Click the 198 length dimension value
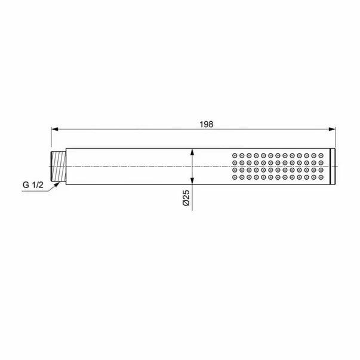click(x=206, y=124)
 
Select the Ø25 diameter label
click(x=186, y=198)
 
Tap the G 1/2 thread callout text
click(x=33, y=185)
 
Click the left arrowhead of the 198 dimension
click(x=55, y=130)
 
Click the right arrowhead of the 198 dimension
click(x=332, y=130)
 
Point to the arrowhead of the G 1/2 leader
click(x=57, y=184)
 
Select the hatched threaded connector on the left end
click(x=58, y=166)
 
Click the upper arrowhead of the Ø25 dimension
click(x=192, y=152)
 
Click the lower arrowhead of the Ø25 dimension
click(x=192, y=180)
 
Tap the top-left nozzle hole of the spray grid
click(x=235, y=156)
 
